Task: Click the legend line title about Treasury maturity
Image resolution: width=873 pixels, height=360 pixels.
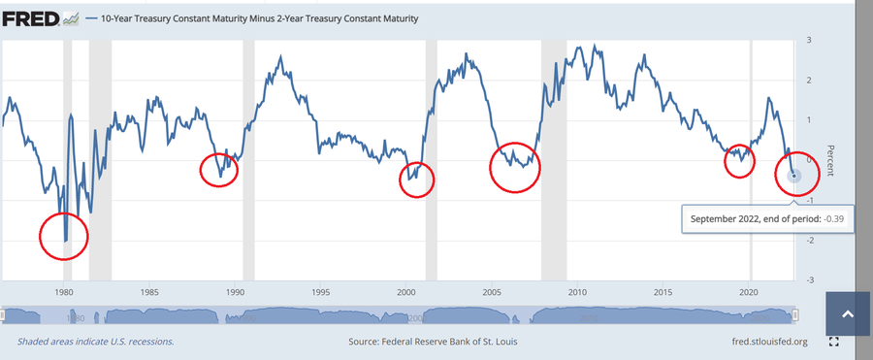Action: [259, 19]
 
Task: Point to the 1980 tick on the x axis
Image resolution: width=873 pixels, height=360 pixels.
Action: [63, 291]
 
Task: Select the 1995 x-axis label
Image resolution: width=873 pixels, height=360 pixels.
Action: [320, 291]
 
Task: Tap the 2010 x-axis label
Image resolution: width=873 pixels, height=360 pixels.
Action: [577, 291]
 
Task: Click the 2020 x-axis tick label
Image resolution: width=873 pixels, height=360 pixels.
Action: [750, 291]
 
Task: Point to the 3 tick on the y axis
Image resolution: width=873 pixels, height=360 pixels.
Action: [808, 40]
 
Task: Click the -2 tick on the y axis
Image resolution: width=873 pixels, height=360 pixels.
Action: [807, 241]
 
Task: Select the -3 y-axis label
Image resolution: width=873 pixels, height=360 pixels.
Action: [807, 279]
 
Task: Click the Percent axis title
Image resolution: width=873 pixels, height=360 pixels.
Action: [830, 160]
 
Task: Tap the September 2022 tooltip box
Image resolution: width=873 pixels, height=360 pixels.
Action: [768, 219]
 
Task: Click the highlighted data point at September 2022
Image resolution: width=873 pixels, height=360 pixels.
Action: [794, 176]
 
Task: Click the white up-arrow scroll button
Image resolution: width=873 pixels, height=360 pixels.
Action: [848, 314]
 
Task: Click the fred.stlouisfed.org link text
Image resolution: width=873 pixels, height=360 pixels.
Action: [770, 341]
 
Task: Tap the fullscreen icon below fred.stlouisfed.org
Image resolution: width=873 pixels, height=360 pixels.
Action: [833, 342]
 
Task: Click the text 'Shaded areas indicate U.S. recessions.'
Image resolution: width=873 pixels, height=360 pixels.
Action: [96, 341]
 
